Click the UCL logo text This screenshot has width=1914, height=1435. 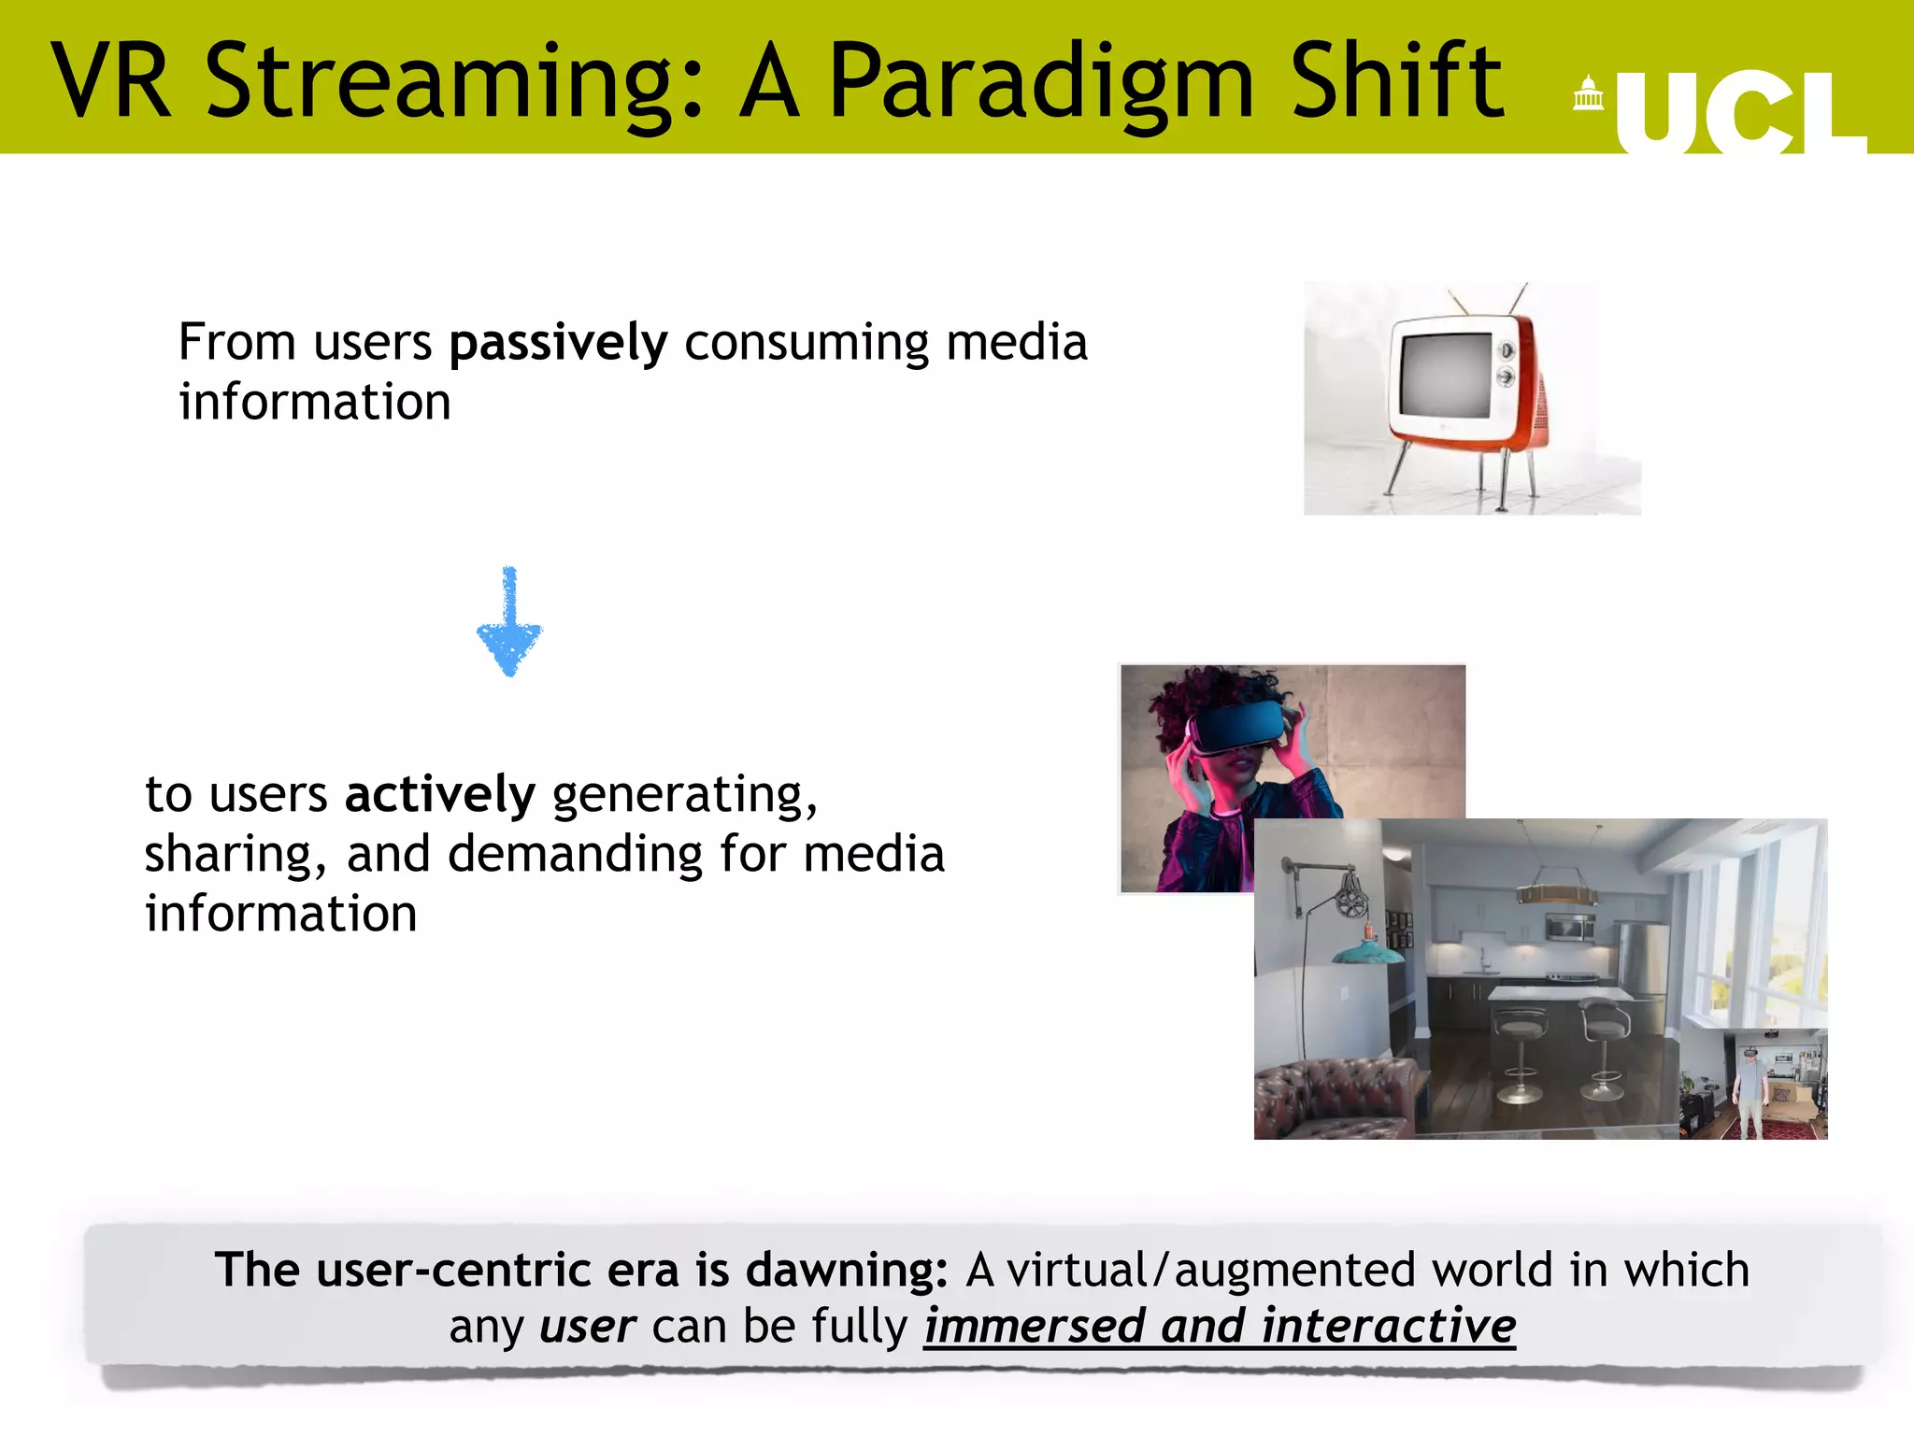click(x=1738, y=112)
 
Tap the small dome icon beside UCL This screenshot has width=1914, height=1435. click(x=1588, y=93)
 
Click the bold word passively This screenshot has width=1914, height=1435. click(x=558, y=343)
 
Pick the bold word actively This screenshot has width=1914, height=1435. click(x=439, y=795)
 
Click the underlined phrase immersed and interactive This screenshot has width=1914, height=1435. click(x=1219, y=1327)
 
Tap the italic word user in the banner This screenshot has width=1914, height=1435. click(x=588, y=1327)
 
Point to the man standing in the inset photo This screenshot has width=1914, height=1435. click(x=1750, y=1088)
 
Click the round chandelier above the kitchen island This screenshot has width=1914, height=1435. click(x=1555, y=894)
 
